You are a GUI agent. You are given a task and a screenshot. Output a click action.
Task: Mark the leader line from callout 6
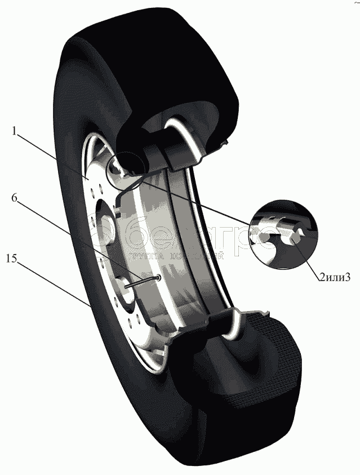[x=85, y=243]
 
